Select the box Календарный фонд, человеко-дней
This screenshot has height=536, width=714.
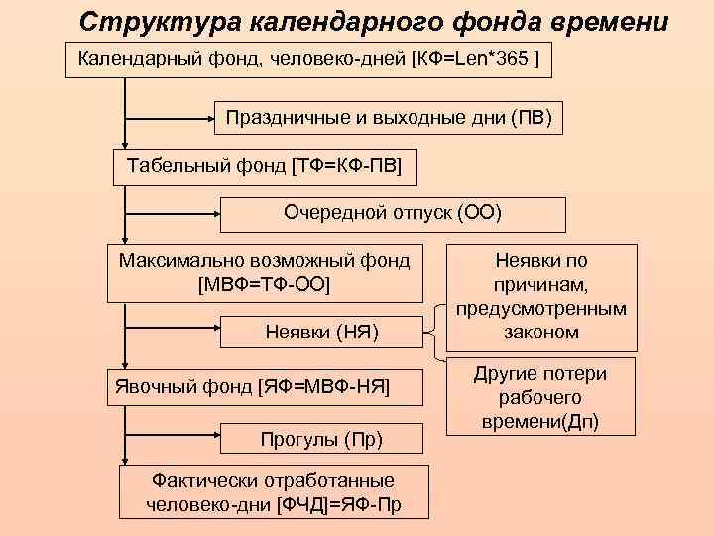pos(308,61)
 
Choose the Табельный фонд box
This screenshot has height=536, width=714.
pos(264,166)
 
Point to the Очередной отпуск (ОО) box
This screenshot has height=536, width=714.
pos(393,213)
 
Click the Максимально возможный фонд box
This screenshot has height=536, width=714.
pos(264,272)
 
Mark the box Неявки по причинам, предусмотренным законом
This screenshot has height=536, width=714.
pos(541,297)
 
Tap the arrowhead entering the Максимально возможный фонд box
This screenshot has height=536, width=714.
pos(125,241)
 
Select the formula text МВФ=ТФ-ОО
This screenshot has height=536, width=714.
pos(264,284)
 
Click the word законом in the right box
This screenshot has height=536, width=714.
pos(541,333)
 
